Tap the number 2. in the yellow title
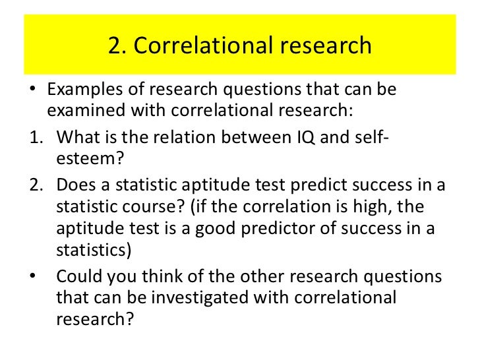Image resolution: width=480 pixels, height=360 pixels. [117, 45]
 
